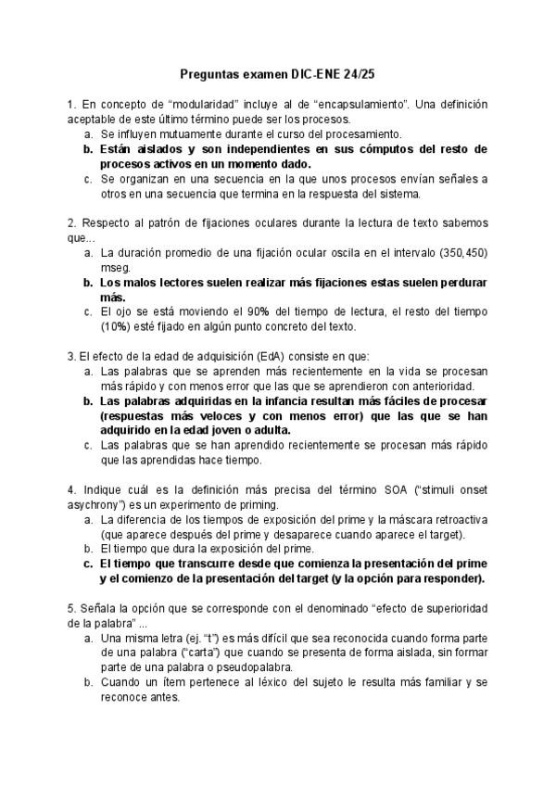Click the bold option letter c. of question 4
pos(88,564)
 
